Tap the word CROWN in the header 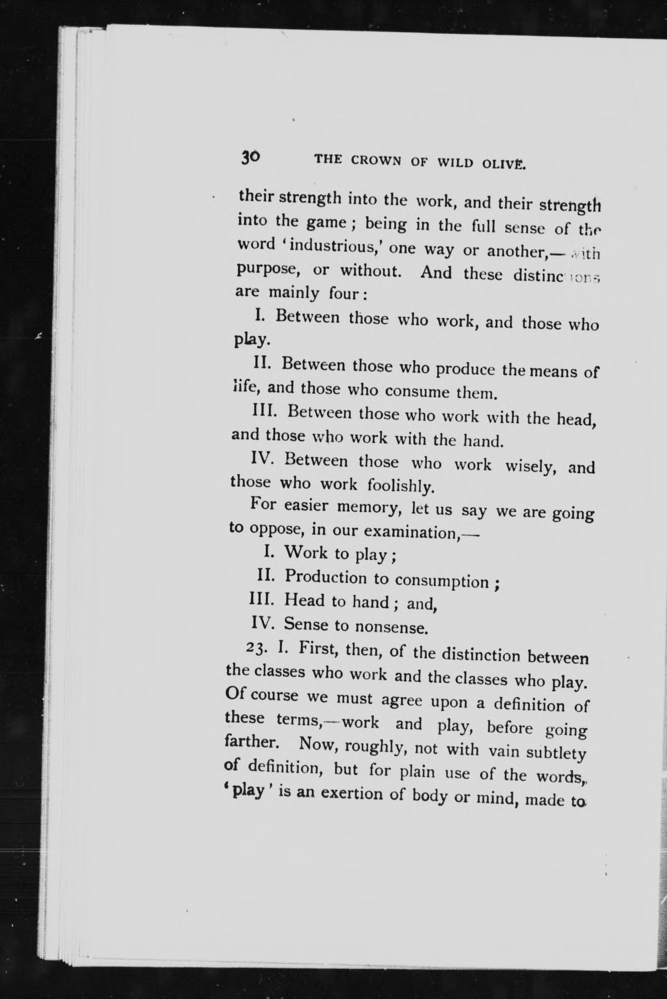(376, 161)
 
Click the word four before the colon (344, 294)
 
